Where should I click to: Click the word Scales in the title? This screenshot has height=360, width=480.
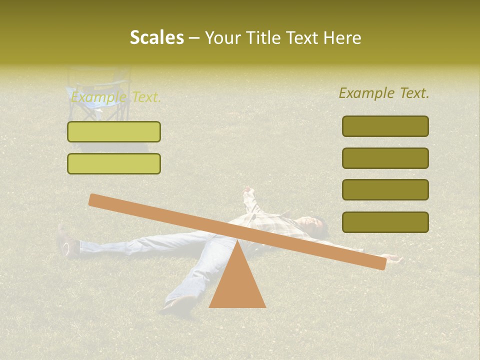point(156,37)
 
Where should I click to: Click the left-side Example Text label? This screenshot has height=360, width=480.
point(116,97)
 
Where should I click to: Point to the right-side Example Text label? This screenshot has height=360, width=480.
point(384,93)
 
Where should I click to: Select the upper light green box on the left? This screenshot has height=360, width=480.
point(114,131)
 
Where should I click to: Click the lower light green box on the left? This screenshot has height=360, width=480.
point(114,163)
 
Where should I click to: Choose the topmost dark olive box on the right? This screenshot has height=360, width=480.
point(385,126)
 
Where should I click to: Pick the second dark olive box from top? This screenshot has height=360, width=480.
point(385,158)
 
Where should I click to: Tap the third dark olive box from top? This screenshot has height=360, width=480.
point(385,190)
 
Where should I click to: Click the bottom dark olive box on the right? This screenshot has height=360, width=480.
point(385,222)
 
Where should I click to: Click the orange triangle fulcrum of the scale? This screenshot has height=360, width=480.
point(237,282)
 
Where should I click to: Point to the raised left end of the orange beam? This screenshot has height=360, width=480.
point(95,200)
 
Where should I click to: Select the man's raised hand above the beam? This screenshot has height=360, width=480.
point(249,192)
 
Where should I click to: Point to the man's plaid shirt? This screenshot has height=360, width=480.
point(280,222)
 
